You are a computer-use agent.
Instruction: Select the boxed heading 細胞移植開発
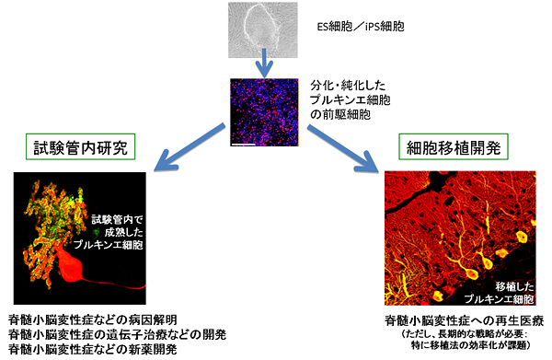(x=448, y=147)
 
